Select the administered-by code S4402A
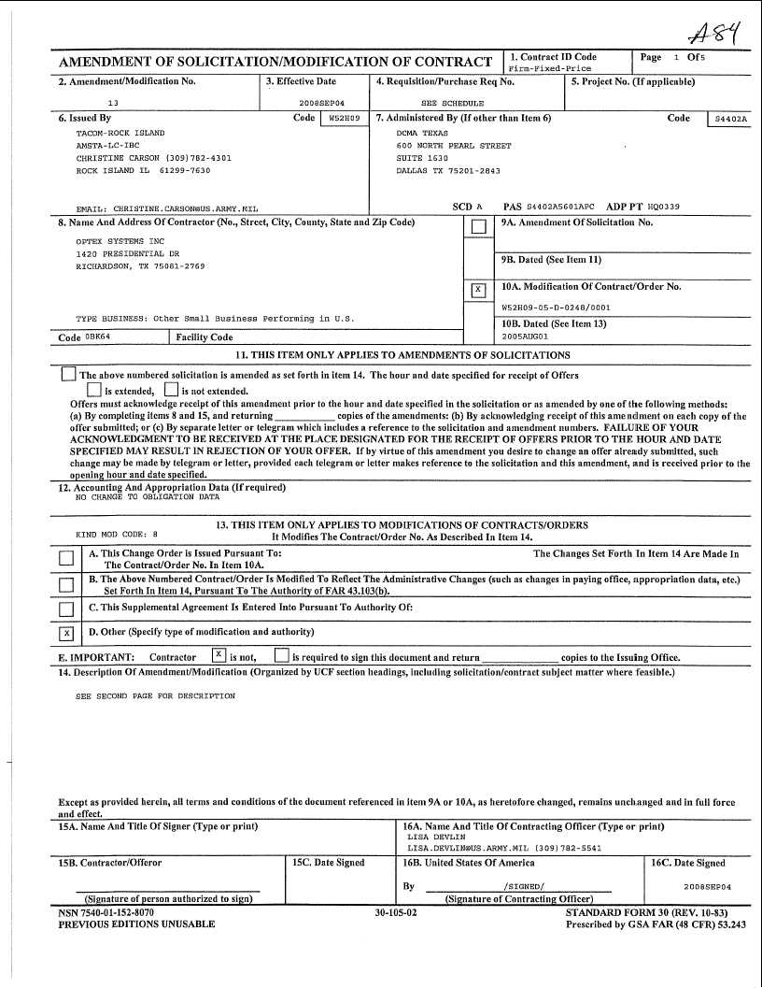coord(730,120)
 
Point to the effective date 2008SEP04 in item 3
coord(321,103)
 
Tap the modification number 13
coord(113,103)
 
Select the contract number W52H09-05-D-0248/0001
coord(556,307)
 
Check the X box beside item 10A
coord(478,290)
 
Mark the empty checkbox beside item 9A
coord(478,226)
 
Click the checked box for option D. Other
coord(66,634)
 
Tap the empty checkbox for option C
coord(66,609)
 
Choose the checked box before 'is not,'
coord(218,654)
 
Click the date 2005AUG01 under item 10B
coord(526,336)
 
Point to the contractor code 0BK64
coord(99,336)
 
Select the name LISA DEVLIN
coord(430,838)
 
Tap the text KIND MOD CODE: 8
coord(117,535)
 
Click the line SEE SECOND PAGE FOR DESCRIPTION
coord(155,695)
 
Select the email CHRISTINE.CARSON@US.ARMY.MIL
coord(166,209)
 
